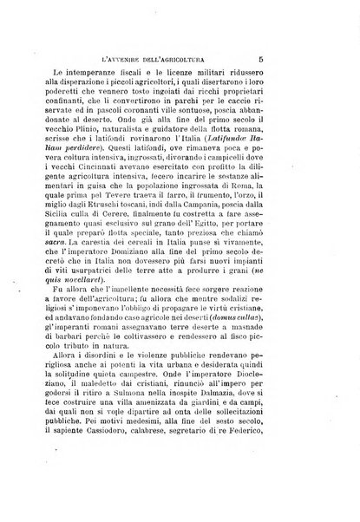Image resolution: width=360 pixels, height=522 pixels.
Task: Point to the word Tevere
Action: pos(155,205)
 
